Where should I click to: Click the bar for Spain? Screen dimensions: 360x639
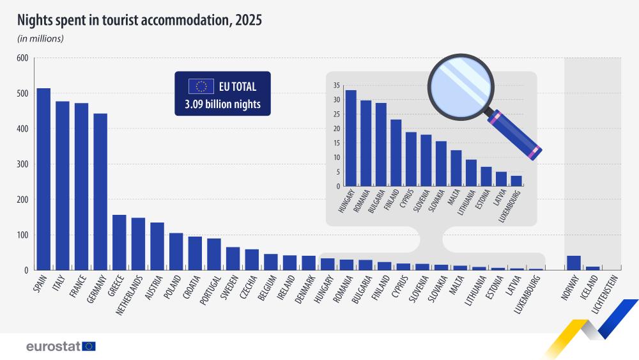tap(43, 179)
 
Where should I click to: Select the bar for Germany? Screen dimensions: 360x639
tap(100, 192)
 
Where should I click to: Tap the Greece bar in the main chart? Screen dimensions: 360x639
tap(119, 242)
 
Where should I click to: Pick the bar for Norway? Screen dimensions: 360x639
tap(574, 263)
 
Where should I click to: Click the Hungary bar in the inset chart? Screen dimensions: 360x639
tap(351, 138)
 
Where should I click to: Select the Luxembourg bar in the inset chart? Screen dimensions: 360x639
tap(516, 181)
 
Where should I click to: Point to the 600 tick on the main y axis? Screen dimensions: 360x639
tap(22, 58)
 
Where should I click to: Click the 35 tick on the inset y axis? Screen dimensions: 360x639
tap(336, 86)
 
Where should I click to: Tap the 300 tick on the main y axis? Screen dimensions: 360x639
tap(22, 164)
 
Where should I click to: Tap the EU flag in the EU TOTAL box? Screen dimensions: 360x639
tap(201, 86)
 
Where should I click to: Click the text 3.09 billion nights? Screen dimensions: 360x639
tap(222, 104)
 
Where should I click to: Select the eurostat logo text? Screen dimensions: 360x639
tap(53, 346)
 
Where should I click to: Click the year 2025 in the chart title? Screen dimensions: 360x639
tap(248, 20)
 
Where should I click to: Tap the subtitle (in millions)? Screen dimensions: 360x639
tap(40, 39)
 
